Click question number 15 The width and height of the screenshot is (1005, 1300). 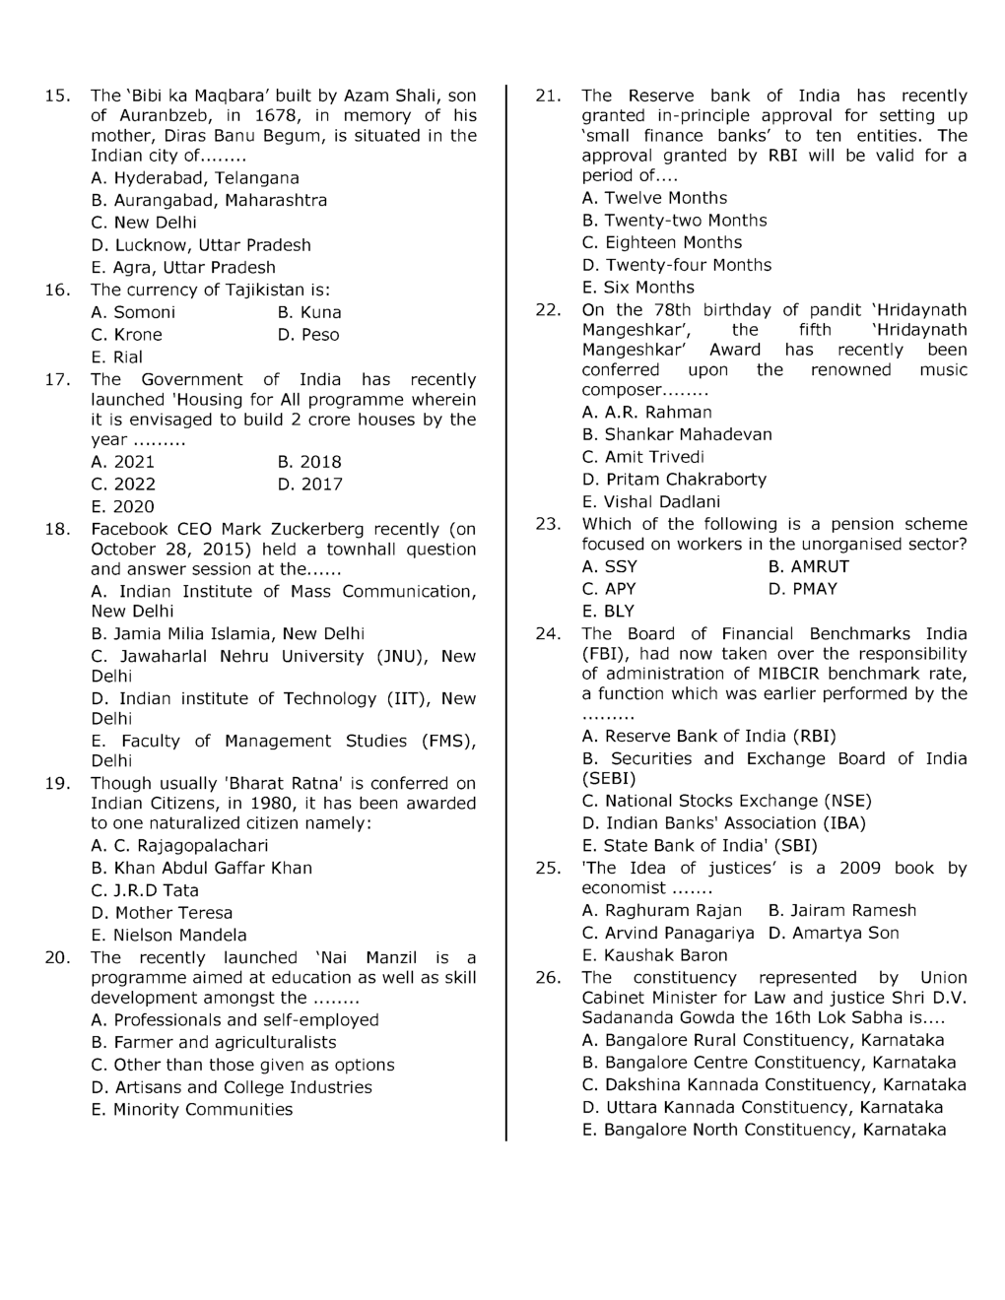coord(57,97)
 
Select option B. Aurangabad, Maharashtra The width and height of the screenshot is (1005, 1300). coord(209,201)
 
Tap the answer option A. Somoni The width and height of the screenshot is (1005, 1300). coord(133,313)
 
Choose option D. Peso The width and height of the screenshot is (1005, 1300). coord(308,336)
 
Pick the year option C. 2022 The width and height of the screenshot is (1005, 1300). coord(123,485)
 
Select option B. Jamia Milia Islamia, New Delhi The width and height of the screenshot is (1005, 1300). coord(228,634)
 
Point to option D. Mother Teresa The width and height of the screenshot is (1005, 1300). coord(162,913)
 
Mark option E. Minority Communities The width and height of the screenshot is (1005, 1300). coord(192,1110)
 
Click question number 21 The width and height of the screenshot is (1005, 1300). coord(548,97)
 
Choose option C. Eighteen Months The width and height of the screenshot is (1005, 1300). coord(662,243)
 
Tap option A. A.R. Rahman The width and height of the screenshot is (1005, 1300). coord(646,413)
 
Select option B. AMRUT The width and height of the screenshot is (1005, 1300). coord(808,567)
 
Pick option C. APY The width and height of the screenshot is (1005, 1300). coord(609,590)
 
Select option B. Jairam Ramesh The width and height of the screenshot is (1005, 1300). coord(841,911)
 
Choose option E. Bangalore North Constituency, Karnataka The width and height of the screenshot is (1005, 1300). coord(764,1131)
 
